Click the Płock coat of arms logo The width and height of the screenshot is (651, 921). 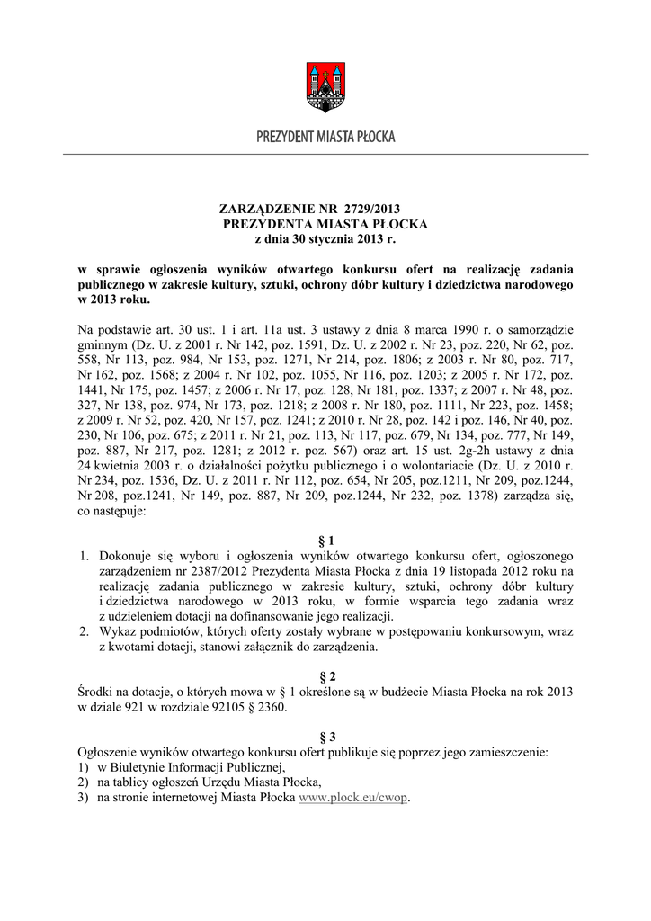pos(325,86)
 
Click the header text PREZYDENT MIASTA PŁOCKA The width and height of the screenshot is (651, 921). pos(325,138)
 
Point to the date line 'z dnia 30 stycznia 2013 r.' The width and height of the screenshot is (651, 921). pos(325,239)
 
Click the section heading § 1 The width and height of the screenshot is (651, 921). pos(325,540)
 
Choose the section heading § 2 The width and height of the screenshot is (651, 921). pos(325,675)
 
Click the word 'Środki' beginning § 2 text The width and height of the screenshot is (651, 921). pos(97,691)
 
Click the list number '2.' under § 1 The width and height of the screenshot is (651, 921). pos(85,631)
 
